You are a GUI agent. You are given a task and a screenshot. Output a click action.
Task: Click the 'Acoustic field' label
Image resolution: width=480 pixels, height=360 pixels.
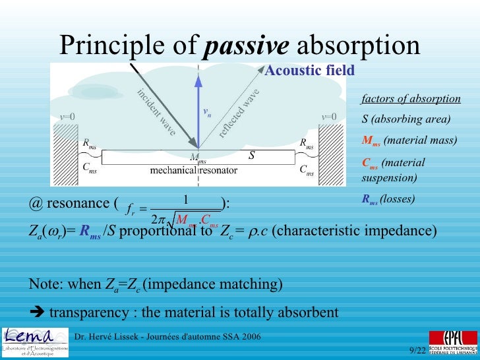(309, 71)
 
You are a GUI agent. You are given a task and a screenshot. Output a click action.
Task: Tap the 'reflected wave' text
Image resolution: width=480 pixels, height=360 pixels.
(239, 113)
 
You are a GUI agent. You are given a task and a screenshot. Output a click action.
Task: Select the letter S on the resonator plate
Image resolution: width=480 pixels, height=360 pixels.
(251, 156)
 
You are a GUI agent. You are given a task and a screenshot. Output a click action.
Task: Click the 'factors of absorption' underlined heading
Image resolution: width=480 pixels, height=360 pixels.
(411, 99)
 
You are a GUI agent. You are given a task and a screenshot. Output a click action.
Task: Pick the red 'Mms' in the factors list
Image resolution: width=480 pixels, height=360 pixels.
(371, 140)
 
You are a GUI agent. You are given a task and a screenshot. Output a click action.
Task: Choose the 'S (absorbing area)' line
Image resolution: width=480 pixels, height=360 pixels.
(406, 119)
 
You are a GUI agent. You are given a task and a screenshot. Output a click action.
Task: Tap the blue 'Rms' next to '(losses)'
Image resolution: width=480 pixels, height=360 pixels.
(369, 197)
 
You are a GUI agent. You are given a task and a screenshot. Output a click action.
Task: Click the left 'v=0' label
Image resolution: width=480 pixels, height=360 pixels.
(67, 117)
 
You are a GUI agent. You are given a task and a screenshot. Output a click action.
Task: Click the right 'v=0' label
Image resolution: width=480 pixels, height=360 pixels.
(328, 117)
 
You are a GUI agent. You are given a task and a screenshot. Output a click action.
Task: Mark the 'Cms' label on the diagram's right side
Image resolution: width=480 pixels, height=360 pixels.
(307, 170)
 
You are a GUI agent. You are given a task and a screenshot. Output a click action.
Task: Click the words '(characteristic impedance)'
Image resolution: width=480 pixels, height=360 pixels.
(354, 232)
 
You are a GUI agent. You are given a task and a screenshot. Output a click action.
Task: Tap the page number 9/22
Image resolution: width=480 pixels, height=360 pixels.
(417, 350)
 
